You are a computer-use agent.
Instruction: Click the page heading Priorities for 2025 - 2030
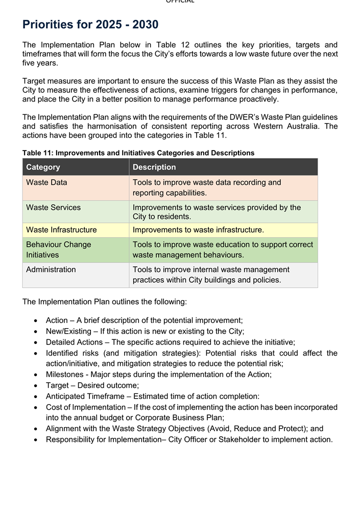click(90, 24)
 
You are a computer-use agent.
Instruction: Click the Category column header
click(43, 167)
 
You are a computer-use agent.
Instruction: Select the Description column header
click(154, 167)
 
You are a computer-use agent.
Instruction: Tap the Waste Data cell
click(46, 182)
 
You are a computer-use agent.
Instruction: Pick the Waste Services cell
click(53, 207)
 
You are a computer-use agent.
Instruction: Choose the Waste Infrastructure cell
click(61, 230)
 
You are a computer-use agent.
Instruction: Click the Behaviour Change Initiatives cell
click(58, 250)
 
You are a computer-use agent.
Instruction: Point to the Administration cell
click(51, 269)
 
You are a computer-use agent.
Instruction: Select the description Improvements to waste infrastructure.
click(198, 230)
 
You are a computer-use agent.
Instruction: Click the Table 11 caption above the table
click(138, 153)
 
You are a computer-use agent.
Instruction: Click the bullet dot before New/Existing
click(35, 332)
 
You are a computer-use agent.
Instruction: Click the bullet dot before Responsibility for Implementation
click(35, 440)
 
